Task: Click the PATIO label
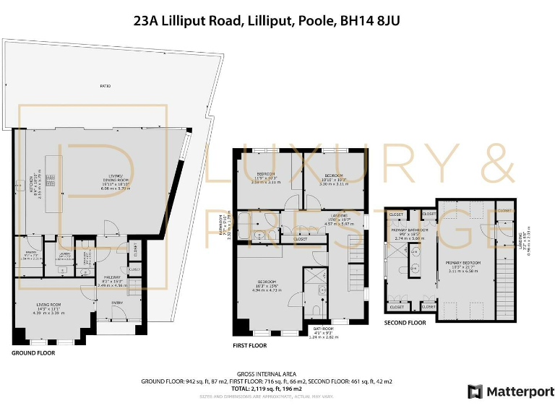coord(106,86)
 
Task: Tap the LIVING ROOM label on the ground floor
coord(48,307)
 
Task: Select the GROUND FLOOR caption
coord(33,353)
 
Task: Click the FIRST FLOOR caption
coord(249,346)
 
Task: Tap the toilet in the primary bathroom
coord(403,270)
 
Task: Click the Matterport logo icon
coord(476,392)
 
